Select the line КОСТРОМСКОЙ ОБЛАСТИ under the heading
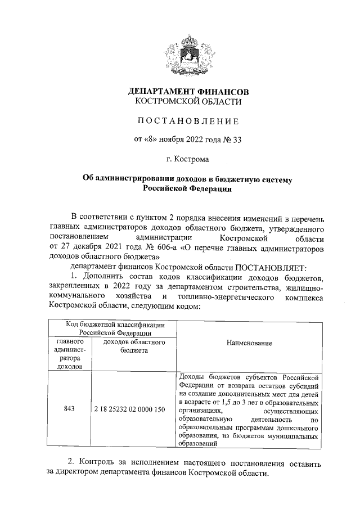click(x=188, y=102)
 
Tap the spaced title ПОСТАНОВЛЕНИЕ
click(x=188, y=121)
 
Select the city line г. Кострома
click(x=188, y=159)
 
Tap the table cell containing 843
click(x=71, y=409)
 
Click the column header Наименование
click(x=250, y=343)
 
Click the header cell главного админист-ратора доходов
click(x=71, y=354)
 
